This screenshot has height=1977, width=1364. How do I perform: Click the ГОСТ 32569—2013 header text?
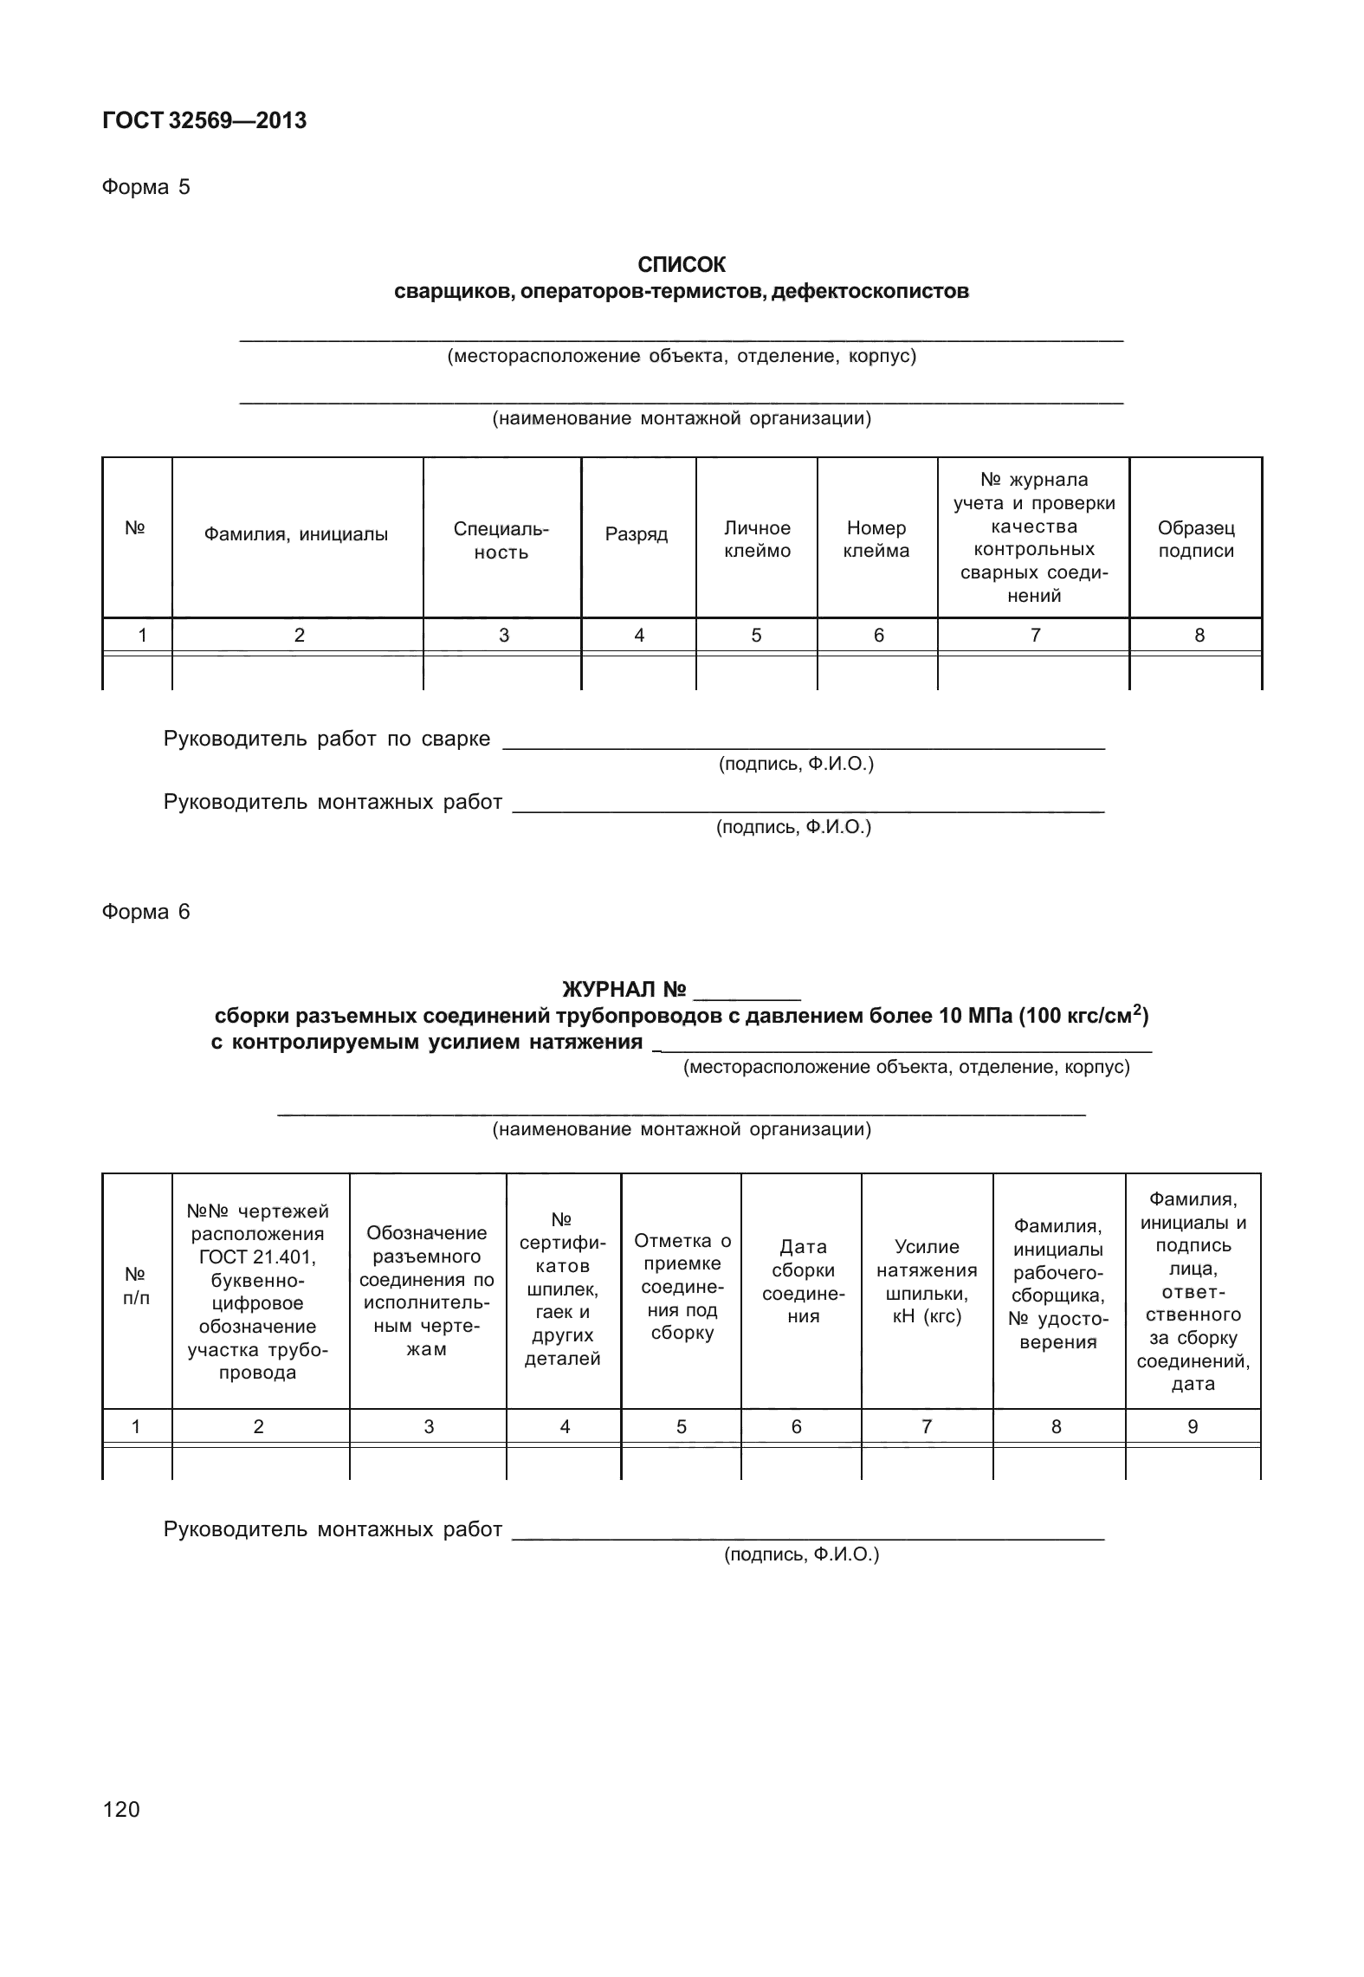(204, 121)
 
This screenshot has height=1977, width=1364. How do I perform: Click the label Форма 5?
(145, 187)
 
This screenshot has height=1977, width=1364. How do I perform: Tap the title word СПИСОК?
(682, 264)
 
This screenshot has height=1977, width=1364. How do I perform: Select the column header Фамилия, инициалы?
(296, 534)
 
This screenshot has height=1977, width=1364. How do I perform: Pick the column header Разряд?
(637, 534)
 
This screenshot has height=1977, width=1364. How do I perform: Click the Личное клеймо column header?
(757, 539)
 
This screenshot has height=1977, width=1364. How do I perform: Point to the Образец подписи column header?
(1196, 539)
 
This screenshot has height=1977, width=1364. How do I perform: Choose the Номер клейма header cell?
(876, 539)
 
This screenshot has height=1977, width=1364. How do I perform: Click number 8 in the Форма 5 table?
(1199, 636)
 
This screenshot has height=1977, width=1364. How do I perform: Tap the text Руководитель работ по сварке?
(326, 739)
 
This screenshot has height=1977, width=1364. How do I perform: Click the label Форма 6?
(145, 912)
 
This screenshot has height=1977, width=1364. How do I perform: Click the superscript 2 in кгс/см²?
(1136, 1007)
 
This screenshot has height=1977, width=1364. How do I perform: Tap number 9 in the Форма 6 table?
(1193, 1427)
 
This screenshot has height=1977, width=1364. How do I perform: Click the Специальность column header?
(501, 539)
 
